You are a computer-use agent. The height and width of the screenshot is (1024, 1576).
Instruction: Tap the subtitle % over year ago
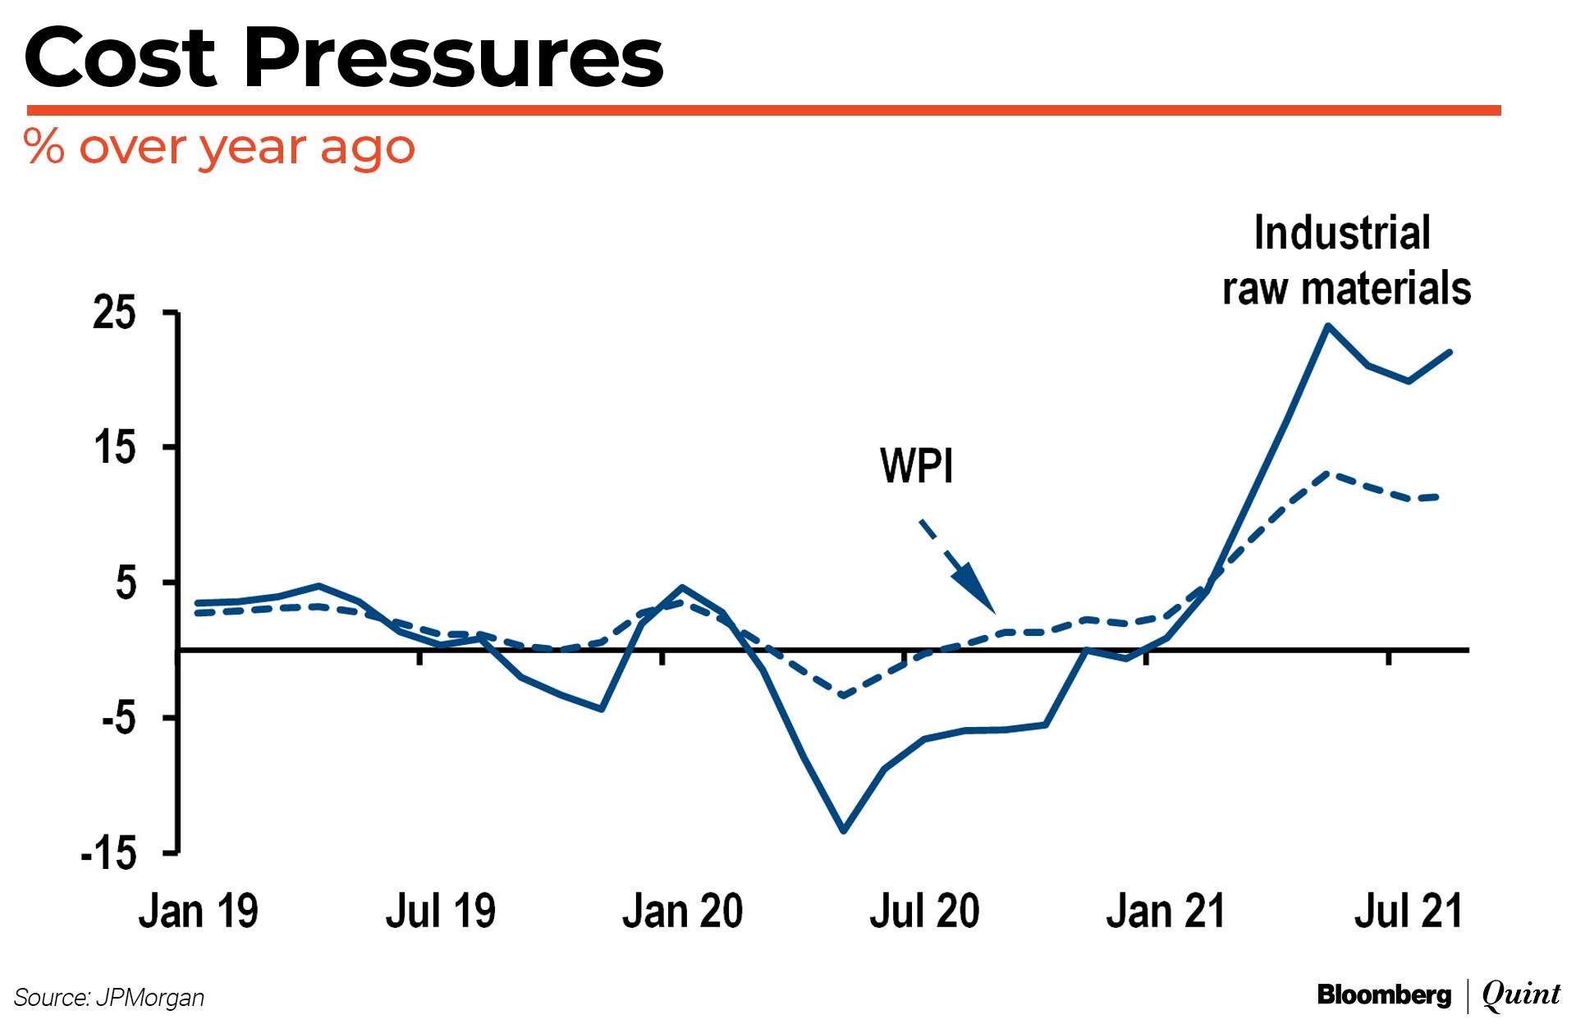(x=219, y=148)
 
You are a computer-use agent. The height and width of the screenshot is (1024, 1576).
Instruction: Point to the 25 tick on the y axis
(x=114, y=313)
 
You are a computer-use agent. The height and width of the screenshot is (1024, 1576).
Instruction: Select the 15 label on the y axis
(x=114, y=448)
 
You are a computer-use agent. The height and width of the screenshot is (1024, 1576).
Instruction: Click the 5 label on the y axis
(x=126, y=583)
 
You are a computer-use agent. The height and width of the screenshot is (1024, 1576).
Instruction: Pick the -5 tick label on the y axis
(x=118, y=718)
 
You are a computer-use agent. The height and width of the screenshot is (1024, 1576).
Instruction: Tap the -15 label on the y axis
(x=108, y=853)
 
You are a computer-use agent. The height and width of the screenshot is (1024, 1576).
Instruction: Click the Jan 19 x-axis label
(x=198, y=912)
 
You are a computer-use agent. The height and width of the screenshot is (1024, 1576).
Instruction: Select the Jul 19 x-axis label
(x=441, y=912)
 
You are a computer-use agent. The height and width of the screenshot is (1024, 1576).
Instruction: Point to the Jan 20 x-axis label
(x=682, y=912)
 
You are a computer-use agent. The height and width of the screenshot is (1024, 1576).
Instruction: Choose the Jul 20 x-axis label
(x=924, y=912)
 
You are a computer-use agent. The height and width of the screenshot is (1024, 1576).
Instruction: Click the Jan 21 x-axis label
(x=1166, y=912)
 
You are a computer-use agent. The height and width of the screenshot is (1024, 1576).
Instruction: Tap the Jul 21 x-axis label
(x=1409, y=912)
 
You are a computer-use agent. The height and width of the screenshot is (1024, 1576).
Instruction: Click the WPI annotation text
(x=916, y=466)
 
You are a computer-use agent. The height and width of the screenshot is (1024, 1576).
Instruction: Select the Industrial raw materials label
(x=1346, y=261)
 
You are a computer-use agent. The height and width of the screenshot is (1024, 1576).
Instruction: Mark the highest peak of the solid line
(x=1328, y=327)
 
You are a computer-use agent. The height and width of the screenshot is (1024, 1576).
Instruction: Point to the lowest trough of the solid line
(x=844, y=830)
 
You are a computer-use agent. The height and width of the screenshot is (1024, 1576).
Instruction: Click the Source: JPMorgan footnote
(x=109, y=998)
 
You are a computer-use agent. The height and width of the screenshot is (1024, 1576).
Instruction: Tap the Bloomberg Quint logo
(x=1438, y=995)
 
